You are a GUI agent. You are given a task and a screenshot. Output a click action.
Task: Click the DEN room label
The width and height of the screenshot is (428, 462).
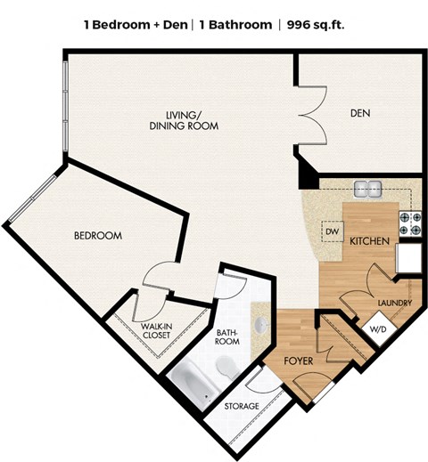click(x=361, y=113)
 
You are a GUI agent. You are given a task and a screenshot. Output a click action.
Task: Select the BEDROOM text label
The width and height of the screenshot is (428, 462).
click(x=97, y=236)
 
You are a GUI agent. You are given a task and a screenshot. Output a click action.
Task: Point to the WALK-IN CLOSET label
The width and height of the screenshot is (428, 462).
click(x=157, y=332)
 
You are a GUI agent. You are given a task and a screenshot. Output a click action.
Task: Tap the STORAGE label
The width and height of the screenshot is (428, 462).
click(x=242, y=406)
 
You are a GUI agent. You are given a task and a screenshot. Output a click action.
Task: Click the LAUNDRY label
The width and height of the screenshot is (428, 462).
click(x=394, y=304)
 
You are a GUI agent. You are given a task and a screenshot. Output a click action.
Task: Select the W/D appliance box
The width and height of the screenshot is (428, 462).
click(x=379, y=328)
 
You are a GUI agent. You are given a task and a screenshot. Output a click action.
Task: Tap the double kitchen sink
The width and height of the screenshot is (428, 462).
click(x=367, y=189)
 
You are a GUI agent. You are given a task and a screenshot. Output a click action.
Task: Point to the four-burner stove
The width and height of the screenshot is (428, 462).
click(x=409, y=223)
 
